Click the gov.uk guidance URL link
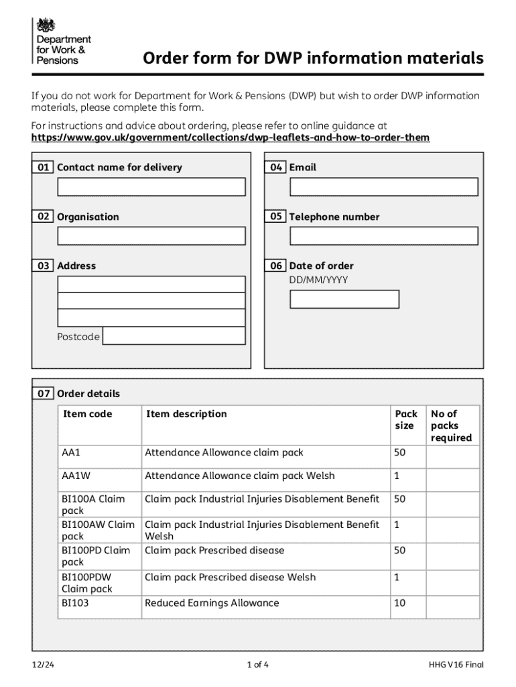[x=231, y=138]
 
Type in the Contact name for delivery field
[x=151, y=187]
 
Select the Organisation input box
[x=151, y=235]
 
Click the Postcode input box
[x=174, y=336]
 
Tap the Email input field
[x=383, y=187]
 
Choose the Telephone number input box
[x=383, y=235]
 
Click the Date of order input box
[x=344, y=299]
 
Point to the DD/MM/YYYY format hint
[x=318, y=280]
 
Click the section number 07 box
[x=44, y=394]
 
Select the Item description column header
[x=186, y=414]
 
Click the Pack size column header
[x=406, y=420]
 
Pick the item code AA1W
[x=76, y=476]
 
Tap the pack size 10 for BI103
[x=400, y=603]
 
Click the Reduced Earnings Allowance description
[x=212, y=603]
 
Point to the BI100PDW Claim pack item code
[x=87, y=582]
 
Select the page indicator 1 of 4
[x=258, y=665]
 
